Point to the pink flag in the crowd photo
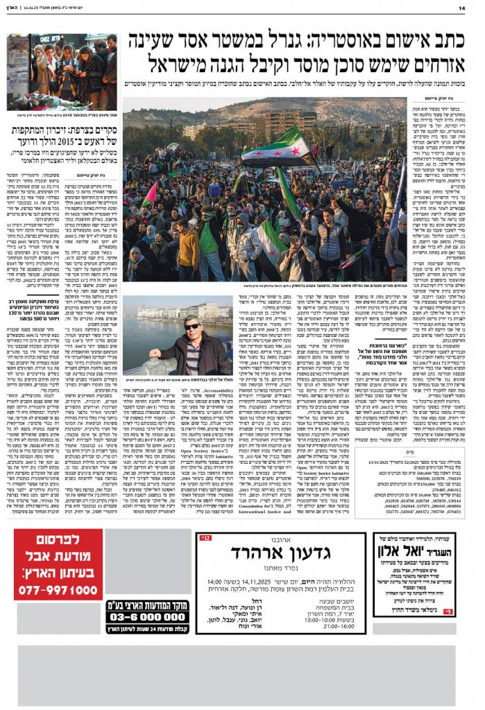149,195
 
